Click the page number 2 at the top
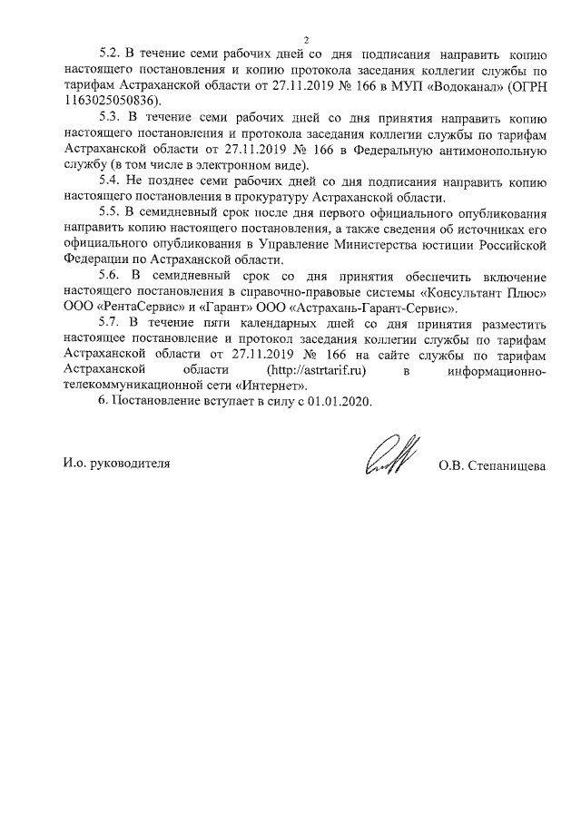click(306, 39)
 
